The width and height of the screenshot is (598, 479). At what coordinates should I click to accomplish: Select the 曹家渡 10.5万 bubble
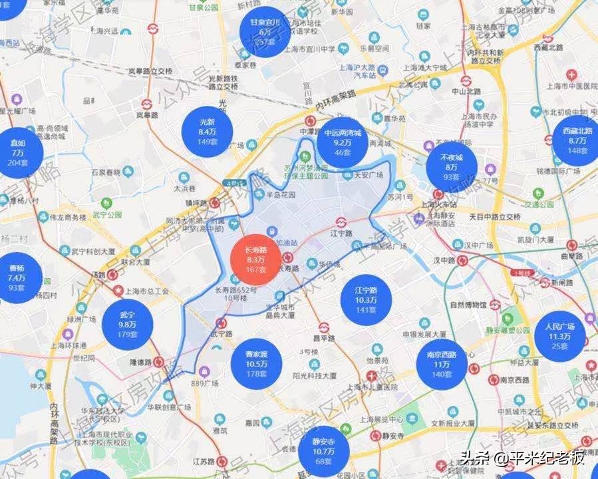click(257, 365)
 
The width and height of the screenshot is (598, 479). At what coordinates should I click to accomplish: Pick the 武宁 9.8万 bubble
click(127, 323)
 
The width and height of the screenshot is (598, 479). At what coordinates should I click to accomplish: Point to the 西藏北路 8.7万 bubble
click(577, 141)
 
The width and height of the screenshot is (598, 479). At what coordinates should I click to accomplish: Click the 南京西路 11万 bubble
click(442, 365)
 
